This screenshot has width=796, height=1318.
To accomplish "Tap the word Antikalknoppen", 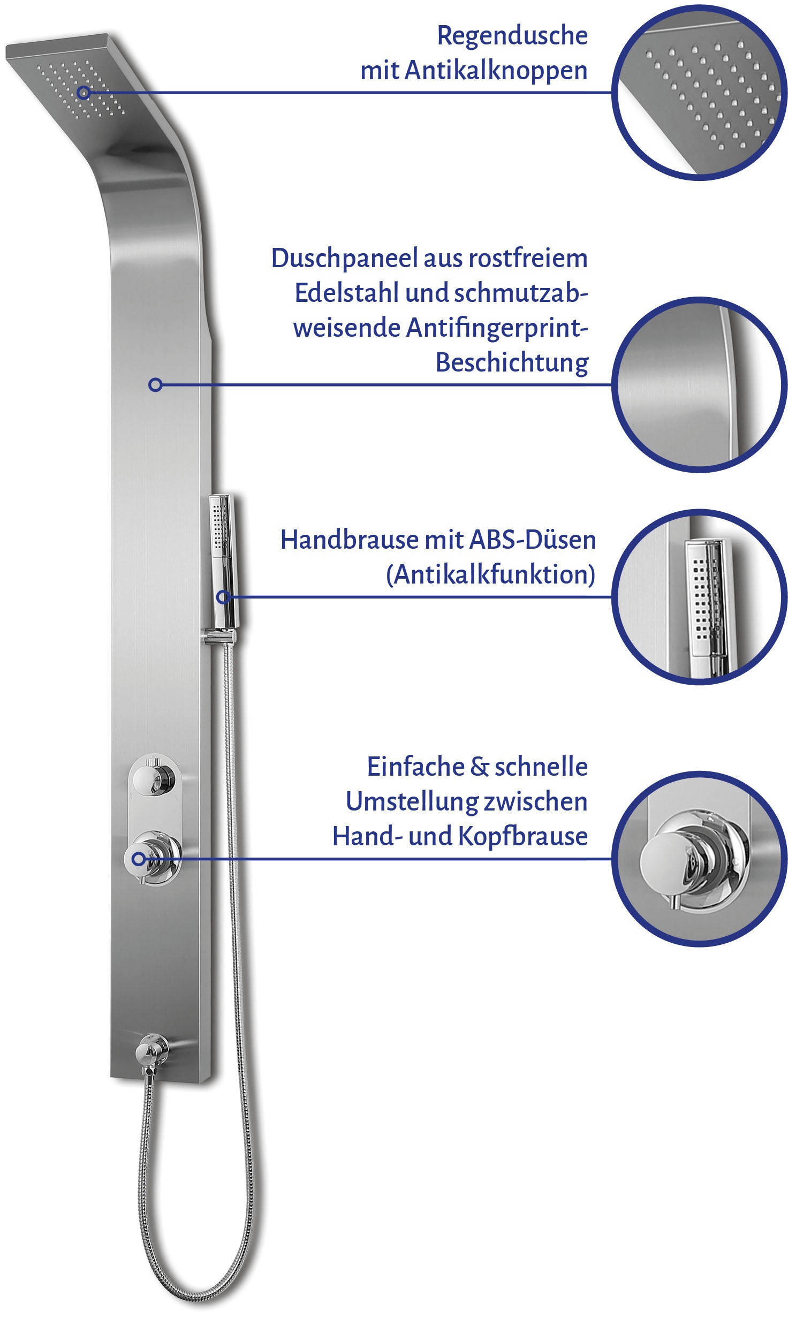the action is pyautogui.click(x=496, y=70).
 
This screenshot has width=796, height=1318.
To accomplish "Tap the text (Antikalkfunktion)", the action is pyautogui.click(x=491, y=574).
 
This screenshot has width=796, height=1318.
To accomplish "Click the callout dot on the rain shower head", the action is pyautogui.click(x=83, y=93).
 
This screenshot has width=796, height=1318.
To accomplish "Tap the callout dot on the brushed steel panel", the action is pyautogui.click(x=155, y=384).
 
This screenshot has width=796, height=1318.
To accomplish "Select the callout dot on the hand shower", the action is pyautogui.click(x=224, y=596).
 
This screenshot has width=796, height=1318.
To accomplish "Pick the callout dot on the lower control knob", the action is pyautogui.click(x=139, y=859).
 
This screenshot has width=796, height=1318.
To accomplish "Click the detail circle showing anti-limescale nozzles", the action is pyautogui.click(x=699, y=93).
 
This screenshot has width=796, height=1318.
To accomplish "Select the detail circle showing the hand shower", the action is pyautogui.click(x=699, y=597).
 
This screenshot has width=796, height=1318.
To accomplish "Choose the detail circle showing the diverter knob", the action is pyautogui.click(x=699, y=859).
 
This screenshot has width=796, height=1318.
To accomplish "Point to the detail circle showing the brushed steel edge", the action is pyautogui.click(x=699, y=384).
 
